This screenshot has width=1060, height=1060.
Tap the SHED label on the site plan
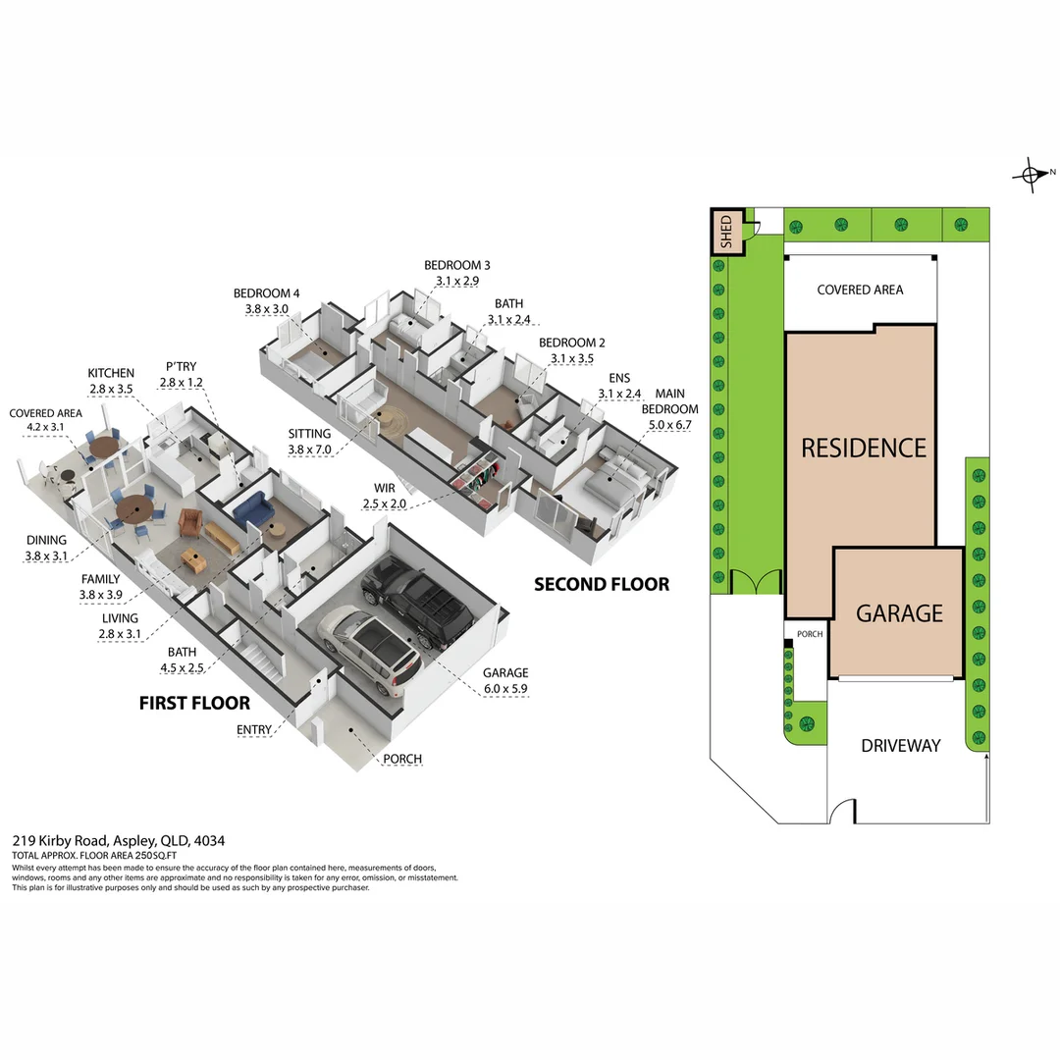726,233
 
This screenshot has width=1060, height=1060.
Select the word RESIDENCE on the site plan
864,449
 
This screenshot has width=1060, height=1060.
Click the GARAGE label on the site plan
899,613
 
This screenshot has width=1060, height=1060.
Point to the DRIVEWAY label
900,745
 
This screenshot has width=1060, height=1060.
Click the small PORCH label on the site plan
810,634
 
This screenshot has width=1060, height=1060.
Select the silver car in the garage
371,648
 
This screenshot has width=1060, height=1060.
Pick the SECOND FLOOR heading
602,585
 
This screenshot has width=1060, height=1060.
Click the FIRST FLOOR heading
194,703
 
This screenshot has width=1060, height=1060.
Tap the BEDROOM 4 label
267,293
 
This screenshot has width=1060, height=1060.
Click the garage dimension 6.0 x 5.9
505,689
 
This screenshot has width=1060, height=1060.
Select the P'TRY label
181,367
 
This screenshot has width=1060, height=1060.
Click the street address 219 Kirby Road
118,840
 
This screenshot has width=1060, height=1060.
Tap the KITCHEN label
111,374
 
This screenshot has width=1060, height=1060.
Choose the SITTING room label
309,433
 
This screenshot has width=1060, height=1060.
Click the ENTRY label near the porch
255,729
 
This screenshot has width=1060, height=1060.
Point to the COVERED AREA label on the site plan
860,290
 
